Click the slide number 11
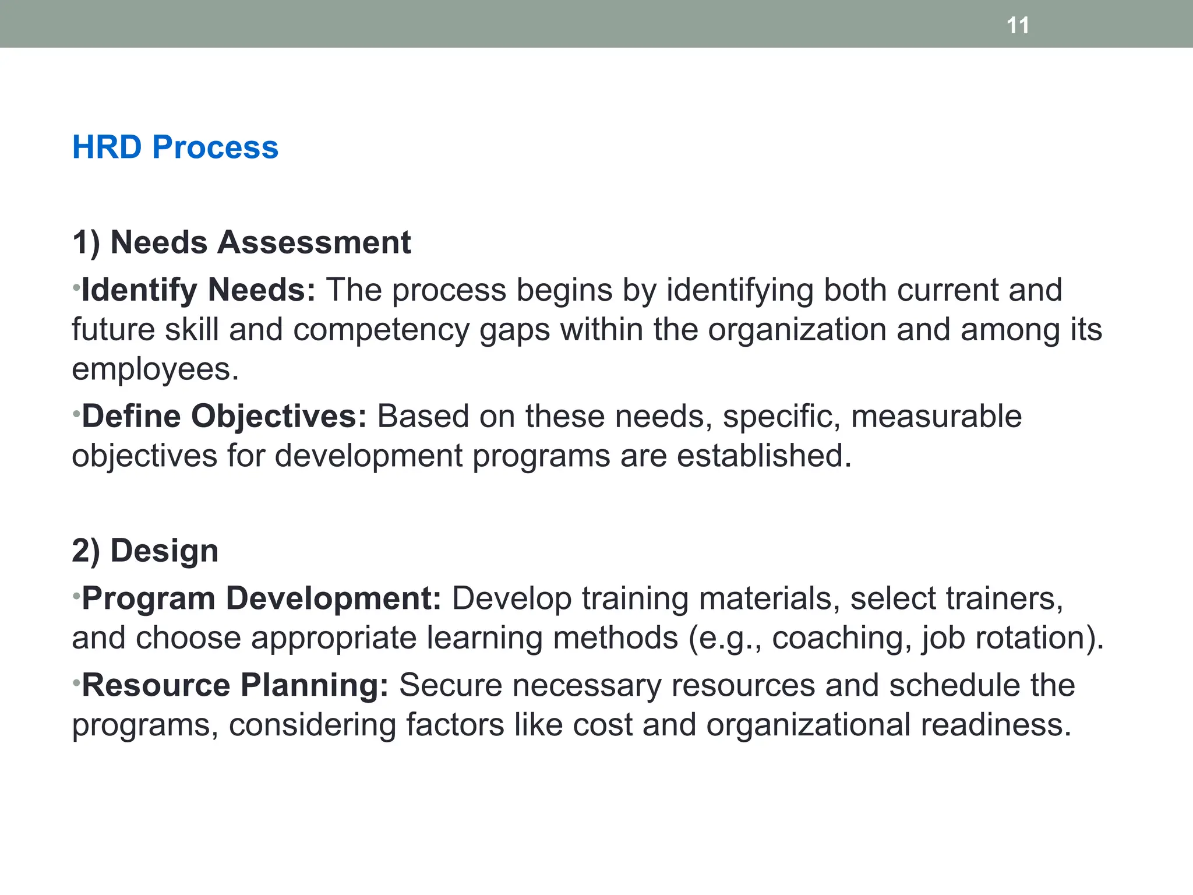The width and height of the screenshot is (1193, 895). pyautogui.click(x=1018, y=26)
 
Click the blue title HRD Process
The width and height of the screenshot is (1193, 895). pyautogui.click(x=175, y=147)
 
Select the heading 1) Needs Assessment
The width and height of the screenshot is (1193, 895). pyautogui.click(x=241, y=242)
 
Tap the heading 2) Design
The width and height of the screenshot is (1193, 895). pyautogui.click(x=145, y=551)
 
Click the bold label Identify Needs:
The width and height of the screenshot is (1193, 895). pyautogui.click(x=198, y=290)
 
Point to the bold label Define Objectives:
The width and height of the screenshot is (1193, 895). pyautogui.click(x=224, y=417)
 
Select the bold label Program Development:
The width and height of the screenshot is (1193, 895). pyautogui.click(x=262, y=598)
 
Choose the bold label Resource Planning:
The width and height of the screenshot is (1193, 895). pyautogui.click(x=235, y=685)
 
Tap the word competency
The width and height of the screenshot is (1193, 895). pyautogui.click(x=381, y=330)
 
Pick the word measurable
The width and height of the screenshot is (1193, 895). pyautogui.click(x=936, y=417)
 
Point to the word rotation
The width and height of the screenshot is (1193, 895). pyautogui.click(x=1030, y=638)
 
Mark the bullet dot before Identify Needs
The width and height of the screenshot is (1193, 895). pyautogui.click(x=76, y=287)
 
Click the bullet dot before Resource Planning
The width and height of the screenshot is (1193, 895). pyautogui.click(x=76, y=682)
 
